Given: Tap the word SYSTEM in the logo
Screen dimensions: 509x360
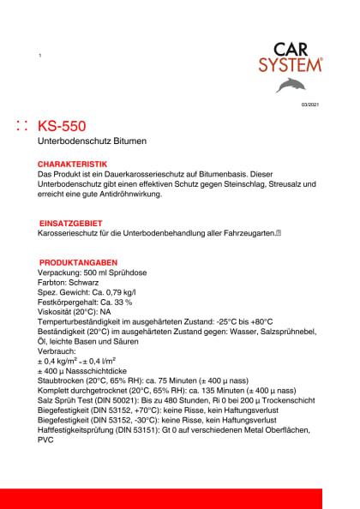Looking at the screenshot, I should pos(292,64).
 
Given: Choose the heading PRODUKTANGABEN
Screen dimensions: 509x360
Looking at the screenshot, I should pos(78,262).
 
